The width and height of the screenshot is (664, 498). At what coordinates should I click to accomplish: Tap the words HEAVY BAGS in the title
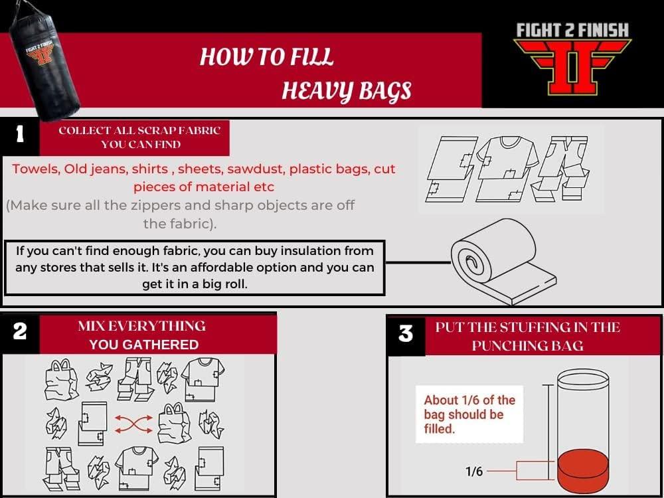tap(346, 90)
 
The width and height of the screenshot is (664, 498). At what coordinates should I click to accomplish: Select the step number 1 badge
tap(20, 135)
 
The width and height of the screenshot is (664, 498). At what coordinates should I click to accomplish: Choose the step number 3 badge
tap(406, 334)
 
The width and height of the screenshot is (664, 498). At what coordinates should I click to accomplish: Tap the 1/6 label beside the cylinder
tap(474, 471)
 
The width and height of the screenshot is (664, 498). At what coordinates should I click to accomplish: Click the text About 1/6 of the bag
tap(469, 400)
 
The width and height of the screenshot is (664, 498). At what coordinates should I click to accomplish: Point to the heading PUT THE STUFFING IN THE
tap(527, 327)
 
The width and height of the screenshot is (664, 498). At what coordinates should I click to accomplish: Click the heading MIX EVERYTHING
tap(141, 326)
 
